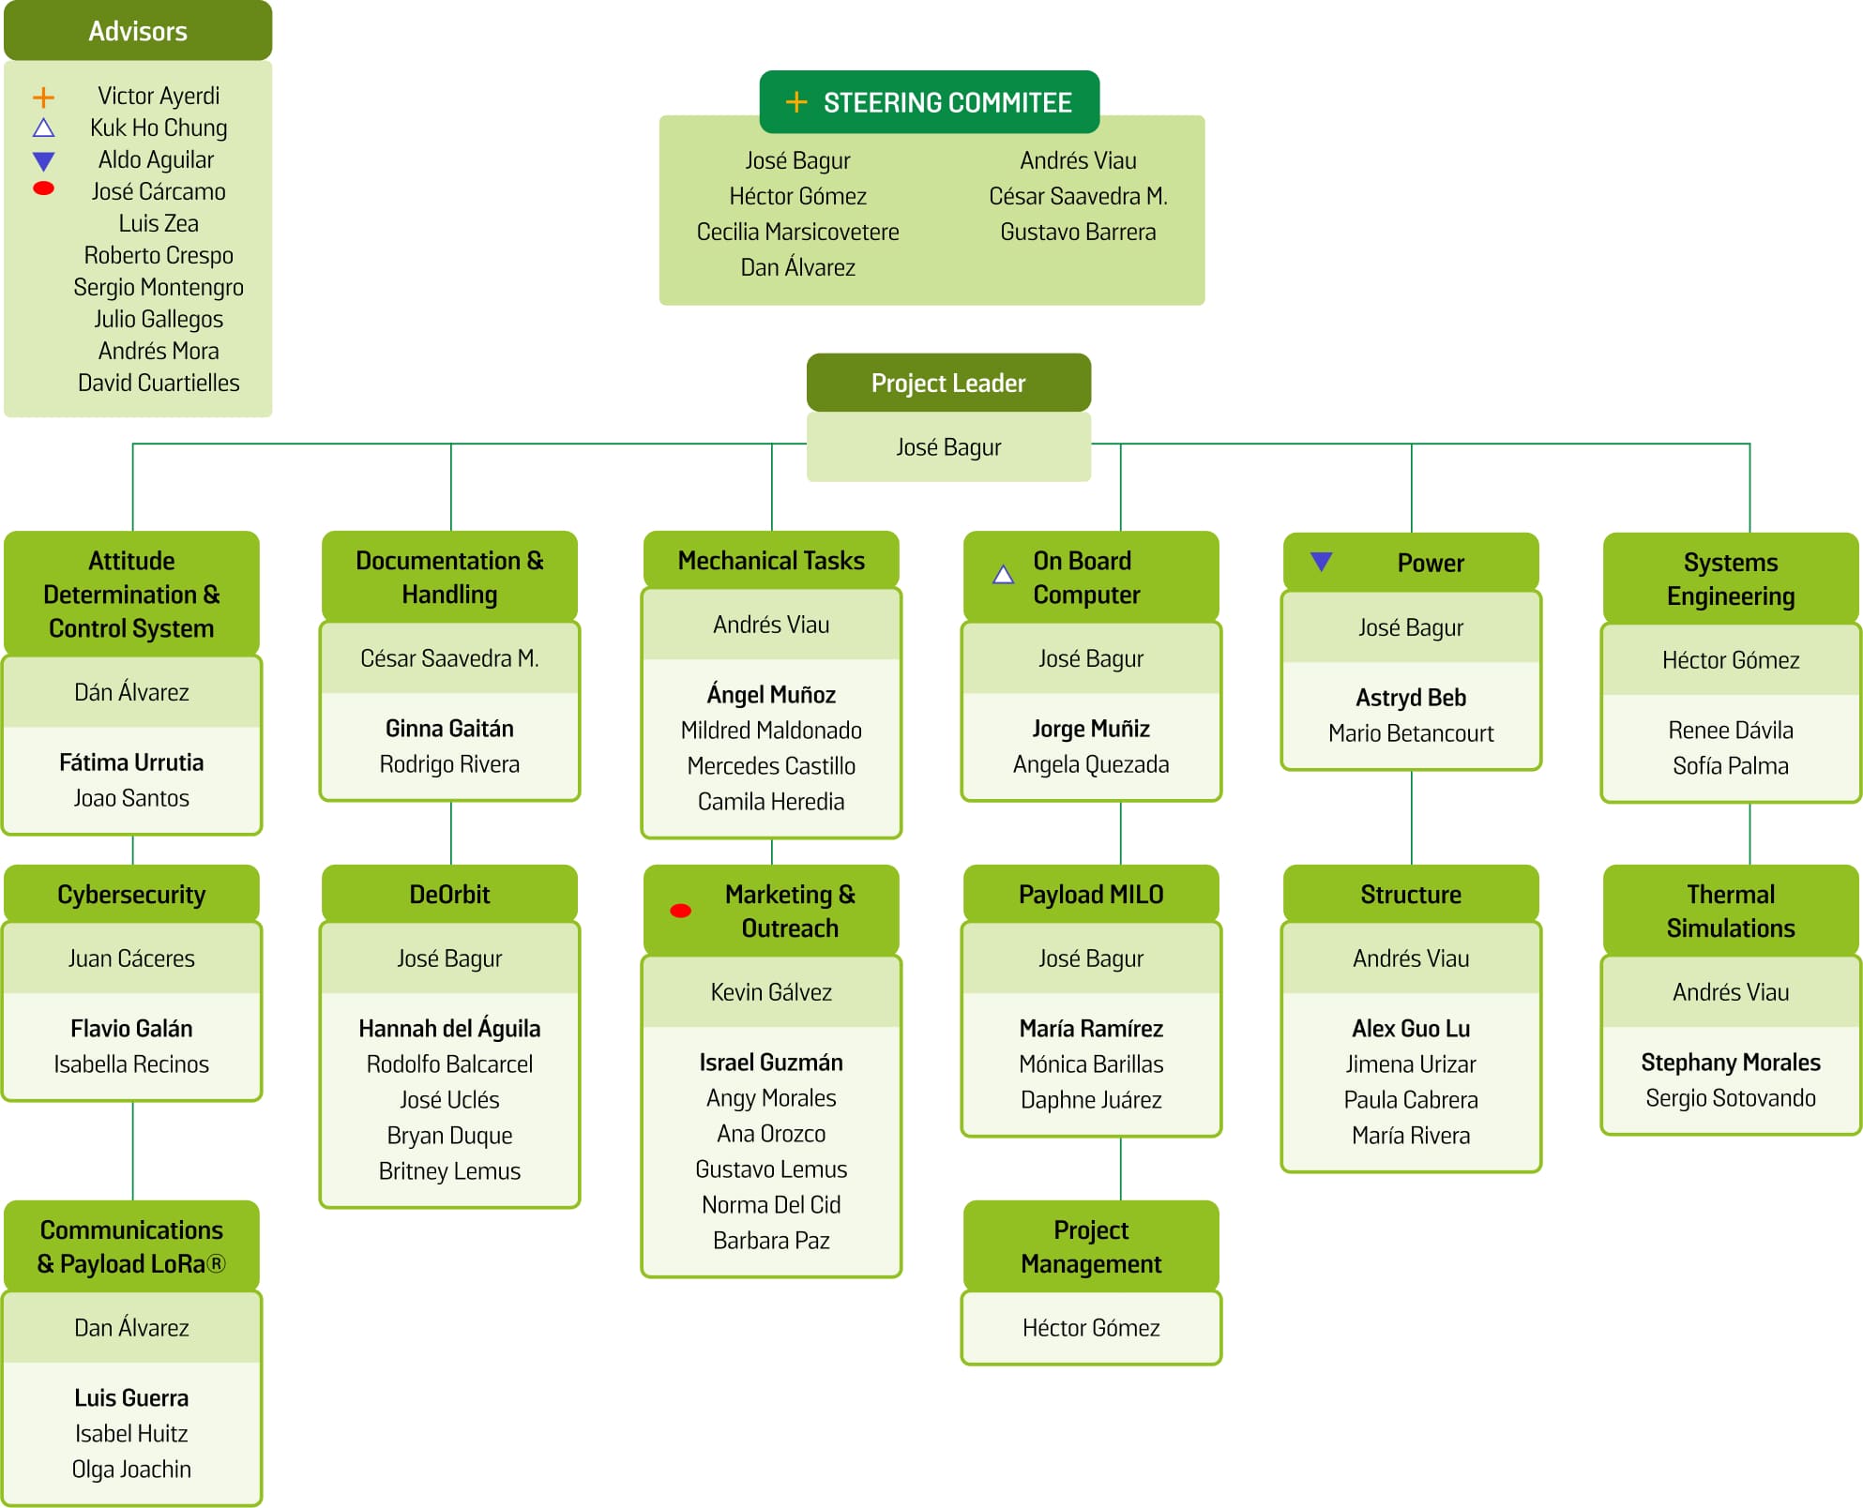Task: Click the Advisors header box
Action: click(x=138, y=31)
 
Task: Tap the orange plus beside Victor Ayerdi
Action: click(x=43, y=97)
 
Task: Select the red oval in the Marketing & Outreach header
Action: click(x=681, y=911)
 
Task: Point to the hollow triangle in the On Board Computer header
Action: click(x=1003, y=575)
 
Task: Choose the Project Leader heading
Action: click(x=947, y=383)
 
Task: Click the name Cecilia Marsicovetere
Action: click(x=797, y=232)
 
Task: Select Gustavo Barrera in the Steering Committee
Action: click(x=1078, y=232)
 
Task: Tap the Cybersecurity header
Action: click(x=131, y=894)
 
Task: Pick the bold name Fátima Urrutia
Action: click(x=131, y=762)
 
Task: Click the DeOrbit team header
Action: click(x=449, y=894)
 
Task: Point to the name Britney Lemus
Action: click(x=449, y=1171)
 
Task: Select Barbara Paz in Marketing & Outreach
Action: click(x=771, y=1241)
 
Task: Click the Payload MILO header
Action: click(x=1091, y=894)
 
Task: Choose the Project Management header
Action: click(x=1091, y=1246)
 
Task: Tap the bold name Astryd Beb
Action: click(x=1411, y=698)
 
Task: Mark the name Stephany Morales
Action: click(x=1731, y=1063)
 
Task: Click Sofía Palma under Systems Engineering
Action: click(x=1731, y=766)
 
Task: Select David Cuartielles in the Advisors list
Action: click(x=159, y=383)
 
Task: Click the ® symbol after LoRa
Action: click(x=216, y=1264)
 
